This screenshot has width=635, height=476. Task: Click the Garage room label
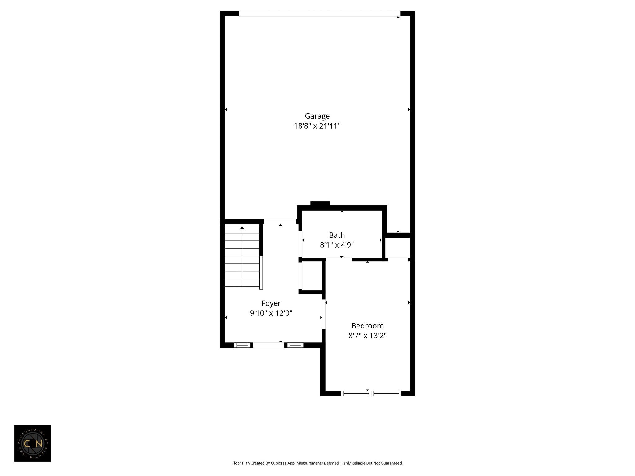(317, 116)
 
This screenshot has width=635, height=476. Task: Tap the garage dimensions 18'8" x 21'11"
(317, 126)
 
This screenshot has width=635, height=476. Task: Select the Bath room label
(337, 235)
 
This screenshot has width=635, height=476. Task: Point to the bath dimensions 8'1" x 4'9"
(337, 245)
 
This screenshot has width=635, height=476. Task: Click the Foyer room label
(271, 303)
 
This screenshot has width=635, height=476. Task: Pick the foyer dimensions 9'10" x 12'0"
(271, 313)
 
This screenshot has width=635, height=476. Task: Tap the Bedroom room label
(367, 326)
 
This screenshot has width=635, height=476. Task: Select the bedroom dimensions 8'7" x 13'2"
(367, 336)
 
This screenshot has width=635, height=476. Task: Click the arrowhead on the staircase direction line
(242, 228)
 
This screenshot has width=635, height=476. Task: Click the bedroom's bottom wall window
(371, 394)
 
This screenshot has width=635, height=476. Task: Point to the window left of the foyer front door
(242, 345)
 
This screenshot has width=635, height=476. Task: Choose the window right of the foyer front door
(295, 345)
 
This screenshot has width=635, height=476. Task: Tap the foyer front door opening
(269, 345)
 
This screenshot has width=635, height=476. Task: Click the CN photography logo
(33, 443)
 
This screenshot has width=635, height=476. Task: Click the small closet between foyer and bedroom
(312, 276)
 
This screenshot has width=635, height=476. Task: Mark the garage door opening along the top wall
(319, 14)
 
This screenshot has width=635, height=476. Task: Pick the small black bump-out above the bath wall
(320, 204)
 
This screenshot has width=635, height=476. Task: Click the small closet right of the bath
(397, 248)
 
